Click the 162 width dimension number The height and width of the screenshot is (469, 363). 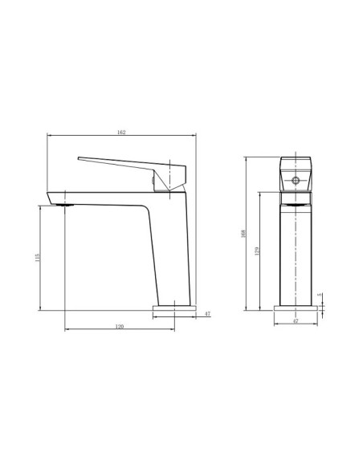tap(121, 132)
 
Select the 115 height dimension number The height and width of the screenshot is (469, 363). tap(38, 258)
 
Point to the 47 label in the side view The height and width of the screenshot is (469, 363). tap(207, 314)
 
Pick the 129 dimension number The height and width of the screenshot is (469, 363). tap(259, 251)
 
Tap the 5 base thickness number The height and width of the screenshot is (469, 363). tap(319, 296)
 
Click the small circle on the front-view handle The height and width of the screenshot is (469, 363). tap(294, 180)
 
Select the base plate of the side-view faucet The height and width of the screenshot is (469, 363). tap(173, 308)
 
